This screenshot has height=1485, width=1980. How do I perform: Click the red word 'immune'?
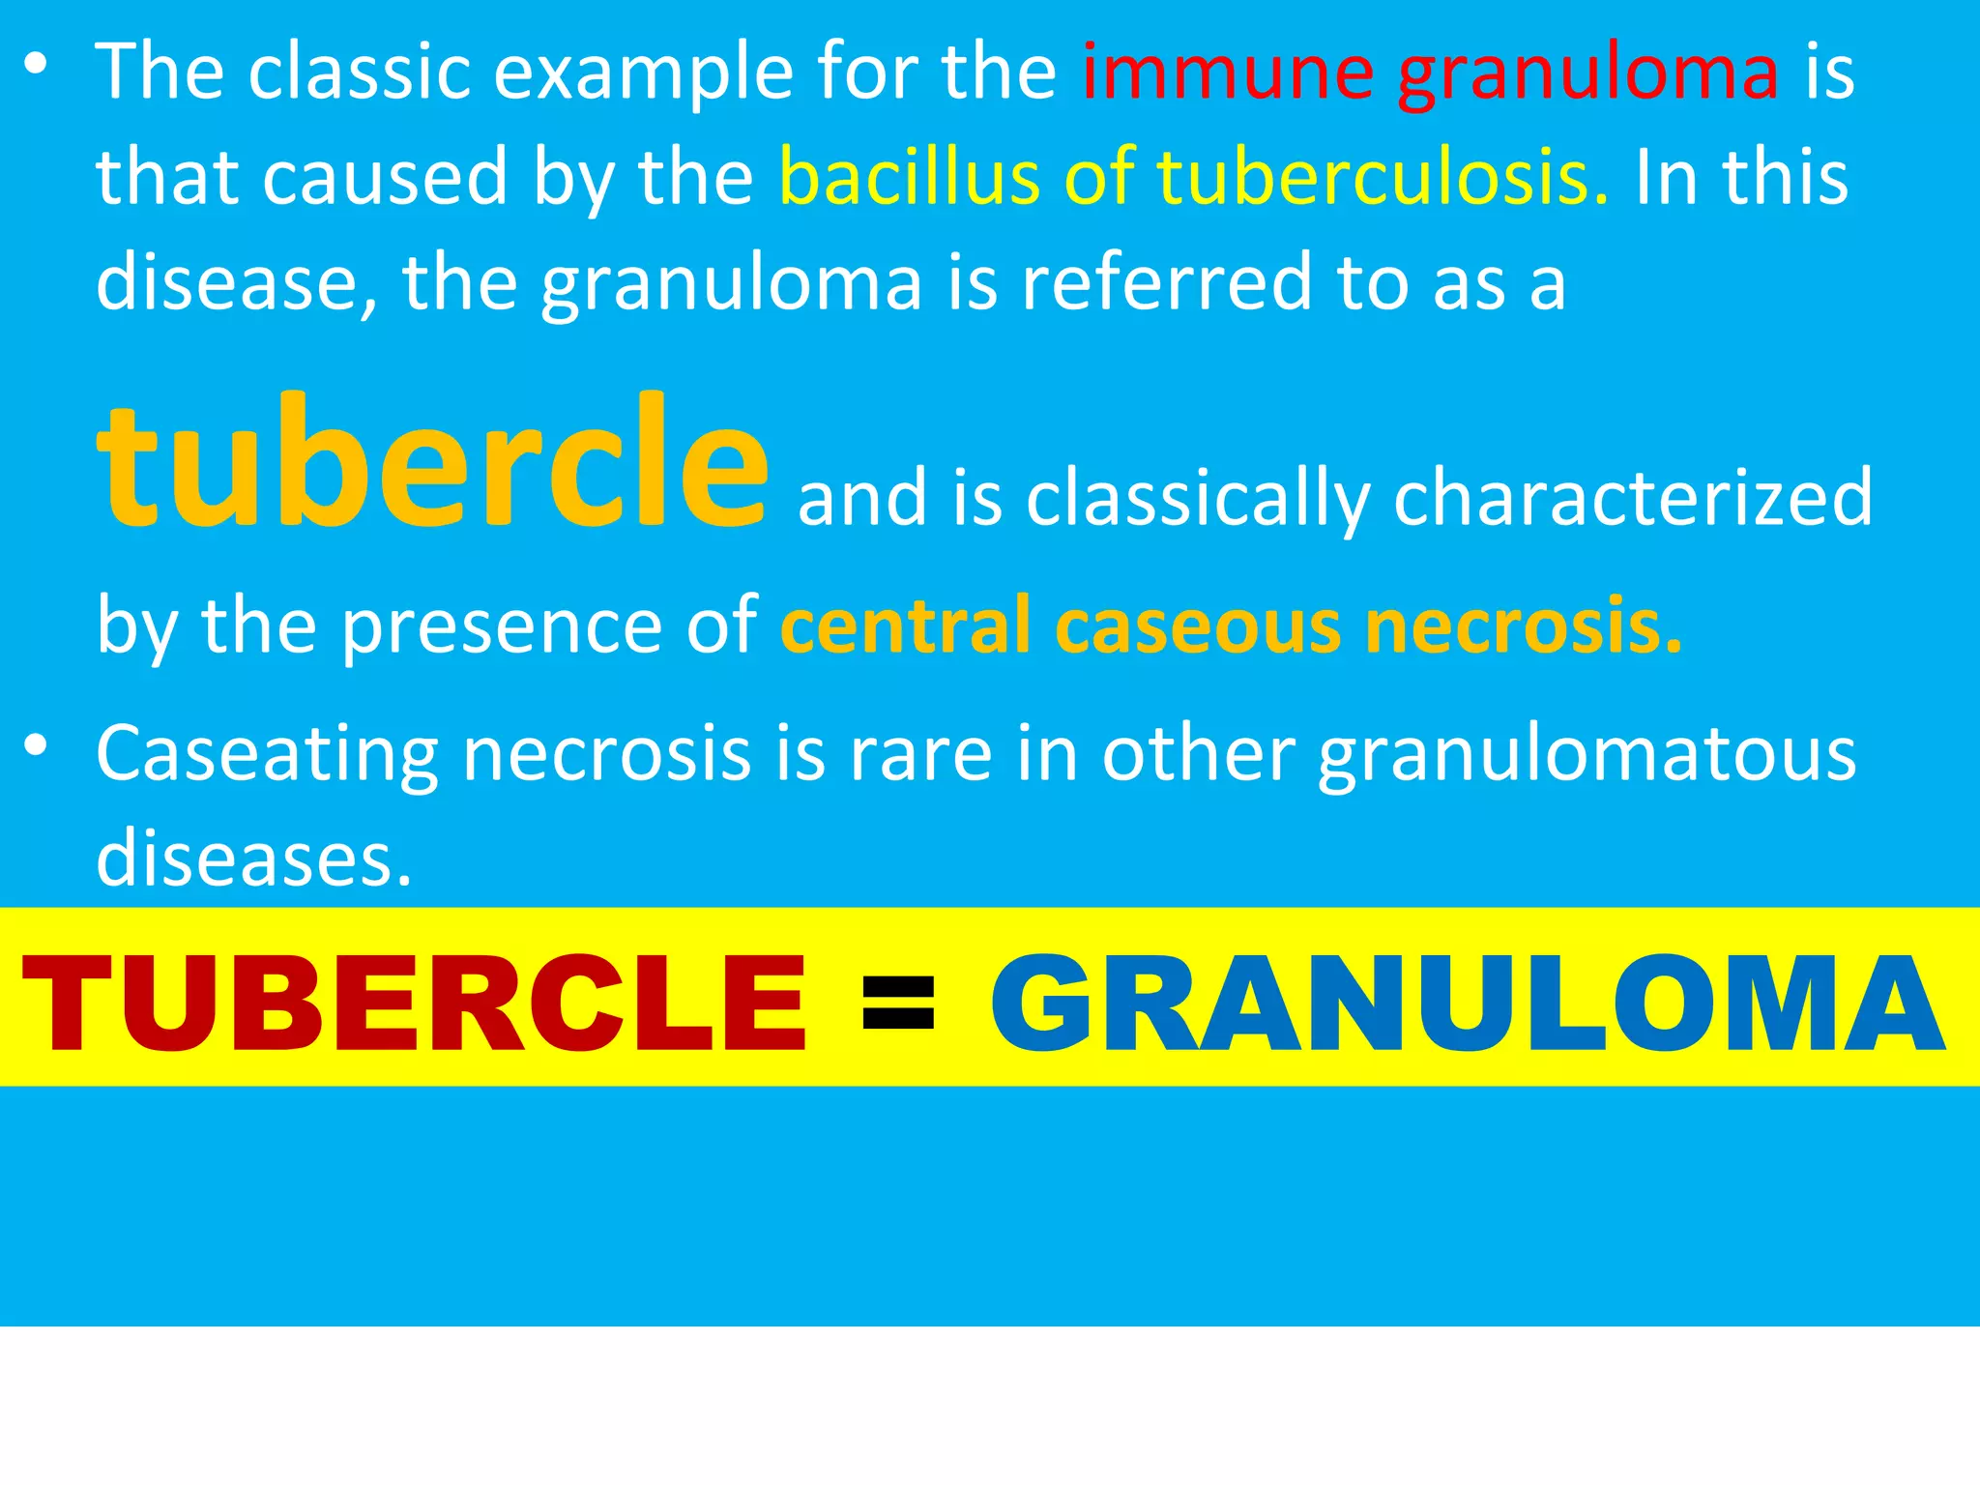1227,73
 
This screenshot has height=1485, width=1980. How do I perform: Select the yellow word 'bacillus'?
910,178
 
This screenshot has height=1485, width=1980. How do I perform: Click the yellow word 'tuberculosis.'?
1383,178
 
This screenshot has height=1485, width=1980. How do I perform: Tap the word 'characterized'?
1633,498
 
